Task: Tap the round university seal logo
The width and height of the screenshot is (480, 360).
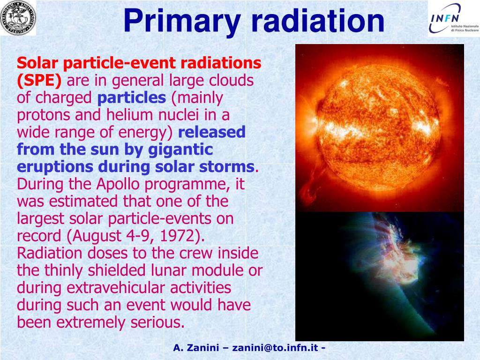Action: [x=18, y=18]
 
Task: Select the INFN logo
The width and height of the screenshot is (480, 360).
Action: [x=454, y=19]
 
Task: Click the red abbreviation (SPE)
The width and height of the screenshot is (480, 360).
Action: [x=39, y=81]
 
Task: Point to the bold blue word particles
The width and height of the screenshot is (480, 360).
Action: [x=132, y=97]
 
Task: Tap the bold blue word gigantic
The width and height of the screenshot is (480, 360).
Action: [x=180, y=150]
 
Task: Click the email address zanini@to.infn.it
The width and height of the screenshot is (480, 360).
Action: [x=275, y=348]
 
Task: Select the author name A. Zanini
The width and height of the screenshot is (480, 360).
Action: [x=196, y=348]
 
